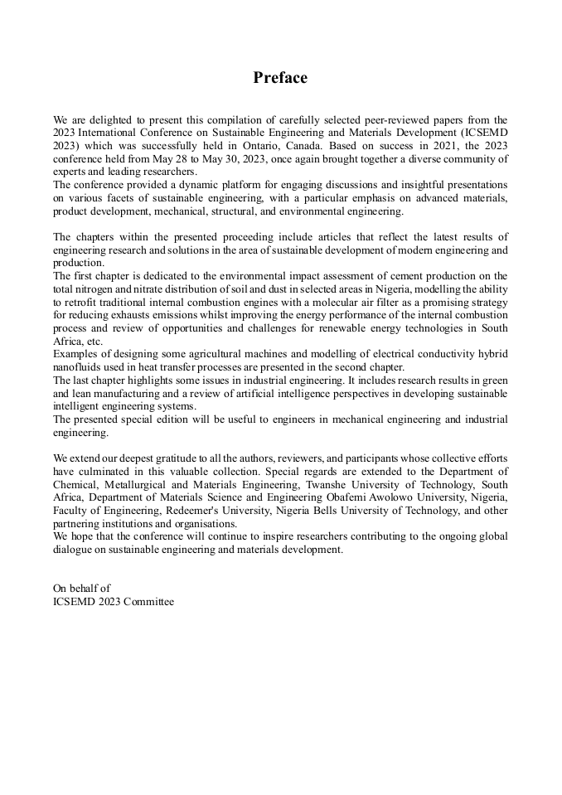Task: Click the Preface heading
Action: (x=280, y=78)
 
